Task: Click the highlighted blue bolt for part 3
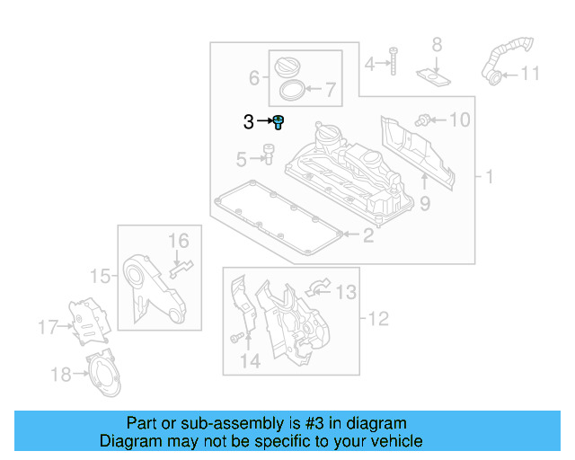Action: click(x=279, y=121)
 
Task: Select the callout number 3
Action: click(x=248, y=122)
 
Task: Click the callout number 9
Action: click(x=425, y=204)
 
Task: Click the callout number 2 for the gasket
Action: click(x=367, y=236)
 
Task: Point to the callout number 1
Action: click(x=490, y=178)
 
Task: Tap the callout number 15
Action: click(x=102, y=276)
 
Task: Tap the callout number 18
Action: click(x=61, y=375)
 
